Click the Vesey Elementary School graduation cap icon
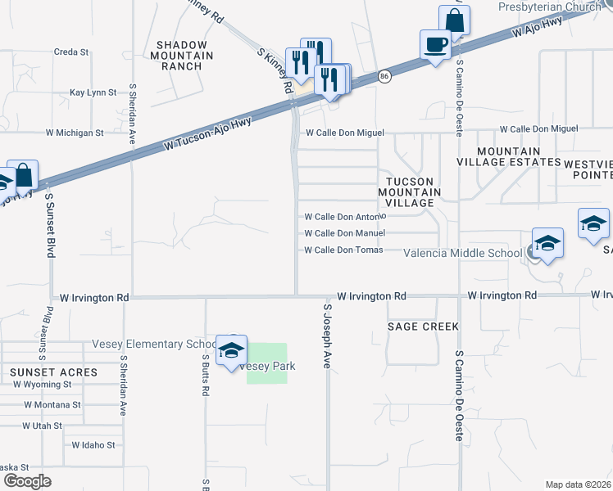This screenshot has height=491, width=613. coord(232,350)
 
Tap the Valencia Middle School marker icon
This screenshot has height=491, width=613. coord(547,243)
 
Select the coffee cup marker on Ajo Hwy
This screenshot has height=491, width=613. coord(435,44)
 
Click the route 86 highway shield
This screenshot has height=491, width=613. coord(384,76)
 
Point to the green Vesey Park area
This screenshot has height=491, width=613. coord(267,363)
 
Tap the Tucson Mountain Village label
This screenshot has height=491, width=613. coord(410,191)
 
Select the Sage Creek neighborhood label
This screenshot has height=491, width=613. coord(423,327)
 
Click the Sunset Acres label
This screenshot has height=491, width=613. coord(54,372)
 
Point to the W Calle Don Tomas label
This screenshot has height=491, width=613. coord(343,250)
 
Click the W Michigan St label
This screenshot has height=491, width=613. coord(75,132)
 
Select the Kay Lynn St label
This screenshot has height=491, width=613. coord(93,93)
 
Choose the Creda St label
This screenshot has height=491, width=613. coord(71,52)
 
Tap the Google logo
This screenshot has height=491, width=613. coord(27,481)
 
